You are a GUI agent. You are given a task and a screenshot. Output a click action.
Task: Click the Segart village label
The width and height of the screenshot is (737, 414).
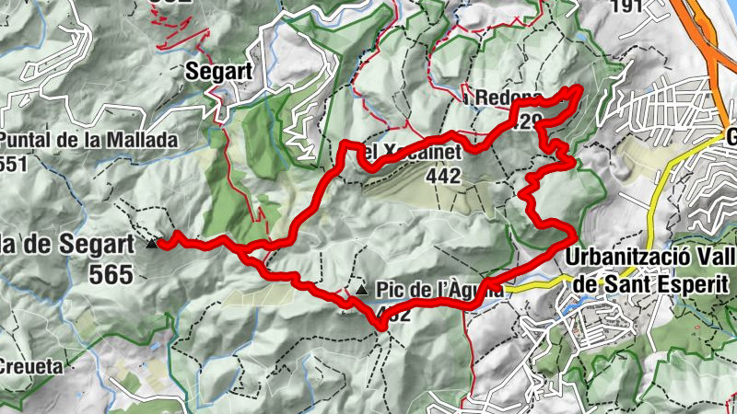click(220, 70)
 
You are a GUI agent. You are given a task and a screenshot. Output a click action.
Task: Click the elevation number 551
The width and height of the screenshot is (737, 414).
click(17, 163)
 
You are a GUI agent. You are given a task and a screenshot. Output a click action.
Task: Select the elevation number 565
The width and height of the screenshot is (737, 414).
click(111, 273)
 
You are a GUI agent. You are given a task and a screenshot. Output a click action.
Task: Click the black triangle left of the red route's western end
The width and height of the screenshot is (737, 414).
click(152, 244)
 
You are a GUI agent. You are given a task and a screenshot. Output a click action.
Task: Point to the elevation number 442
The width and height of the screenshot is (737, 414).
click(443, 178)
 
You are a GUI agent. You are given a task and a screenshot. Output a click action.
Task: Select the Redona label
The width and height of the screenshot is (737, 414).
click(497, 97)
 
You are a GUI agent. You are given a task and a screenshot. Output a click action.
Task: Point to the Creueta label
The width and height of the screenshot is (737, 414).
click(30, 366)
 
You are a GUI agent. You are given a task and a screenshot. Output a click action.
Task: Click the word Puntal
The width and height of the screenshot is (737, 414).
click(31, 141)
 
